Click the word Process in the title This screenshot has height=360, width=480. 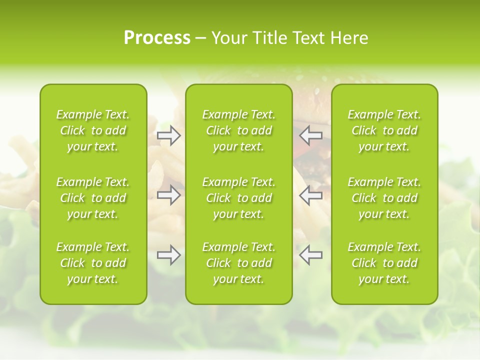[157, 38]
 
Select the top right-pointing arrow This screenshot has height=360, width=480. [168, 135]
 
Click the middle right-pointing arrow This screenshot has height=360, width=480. [168, 195]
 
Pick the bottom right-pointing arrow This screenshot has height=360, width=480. [168, 255]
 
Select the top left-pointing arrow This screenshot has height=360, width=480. [311, 135]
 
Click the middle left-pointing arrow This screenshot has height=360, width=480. [311, 195]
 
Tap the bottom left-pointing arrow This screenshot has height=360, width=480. [311, 255]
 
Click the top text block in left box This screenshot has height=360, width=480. [93, 130]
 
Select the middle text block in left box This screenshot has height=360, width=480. [93, 198]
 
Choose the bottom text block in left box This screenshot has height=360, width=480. [93, 263]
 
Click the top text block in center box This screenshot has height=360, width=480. [238, 130]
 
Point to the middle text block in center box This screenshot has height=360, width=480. [238, 198]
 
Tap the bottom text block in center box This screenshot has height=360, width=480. [238, 263]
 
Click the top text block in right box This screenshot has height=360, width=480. [384, 130]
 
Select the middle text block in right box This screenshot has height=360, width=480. [384, 198]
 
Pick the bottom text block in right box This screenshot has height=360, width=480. [384, 263]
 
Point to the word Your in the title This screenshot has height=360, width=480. [229, 38]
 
